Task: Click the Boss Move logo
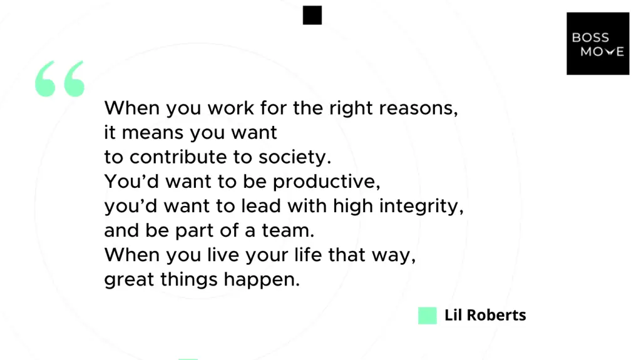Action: [x=598, y=43]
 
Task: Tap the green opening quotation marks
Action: [x=59, y=79]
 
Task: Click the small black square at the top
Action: [x=312, y=16]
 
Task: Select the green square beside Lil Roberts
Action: [x=427, y=316]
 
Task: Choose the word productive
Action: [x=326, y=182]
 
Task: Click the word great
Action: [x=125, y=280]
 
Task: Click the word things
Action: [x=182, y=280]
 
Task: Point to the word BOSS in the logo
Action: [x=590, y=38]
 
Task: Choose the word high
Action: [x=352, y=207]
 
